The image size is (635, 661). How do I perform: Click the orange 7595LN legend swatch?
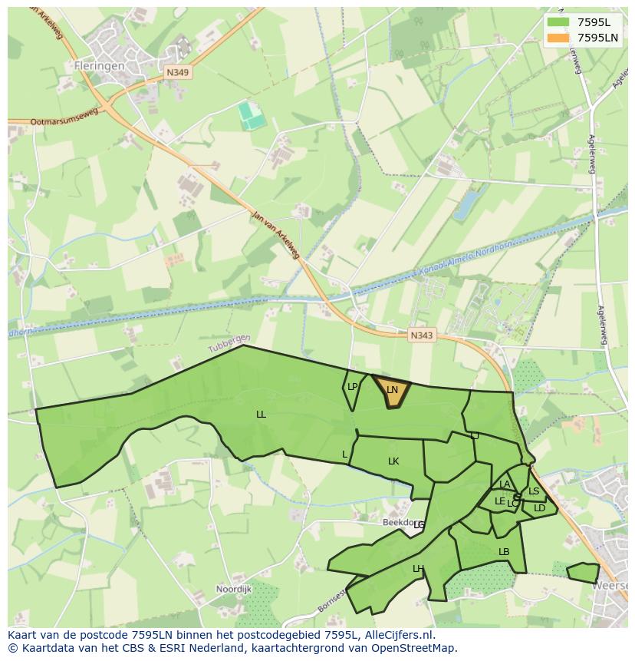click(x=558, y=38)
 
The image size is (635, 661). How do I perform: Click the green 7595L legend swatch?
click(x=558, y=21)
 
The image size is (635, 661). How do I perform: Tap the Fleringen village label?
click(x=99, y=66)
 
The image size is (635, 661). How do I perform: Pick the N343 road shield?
click(x=421, y=335)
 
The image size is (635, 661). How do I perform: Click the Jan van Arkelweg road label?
click(x=275, y=233)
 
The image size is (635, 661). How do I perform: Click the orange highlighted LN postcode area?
click(x=392, y=390)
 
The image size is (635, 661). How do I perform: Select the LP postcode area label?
click(x=352, y=387)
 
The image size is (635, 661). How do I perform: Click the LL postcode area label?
click(x=261, y=415)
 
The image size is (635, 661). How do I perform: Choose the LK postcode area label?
click(x=393, y=461)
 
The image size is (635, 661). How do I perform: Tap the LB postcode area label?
click(x=504, y=552)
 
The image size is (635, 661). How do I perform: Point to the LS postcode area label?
click(x=534, y=491)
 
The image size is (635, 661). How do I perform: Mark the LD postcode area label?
click(x=539, y=508)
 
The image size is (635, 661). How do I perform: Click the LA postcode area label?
click(x=504, y=484)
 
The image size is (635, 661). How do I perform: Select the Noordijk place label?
click(x=234, y=589)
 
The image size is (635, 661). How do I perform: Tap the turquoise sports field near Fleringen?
click(x=251, y=115)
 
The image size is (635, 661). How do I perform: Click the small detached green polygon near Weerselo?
click(x=584, y=572)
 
